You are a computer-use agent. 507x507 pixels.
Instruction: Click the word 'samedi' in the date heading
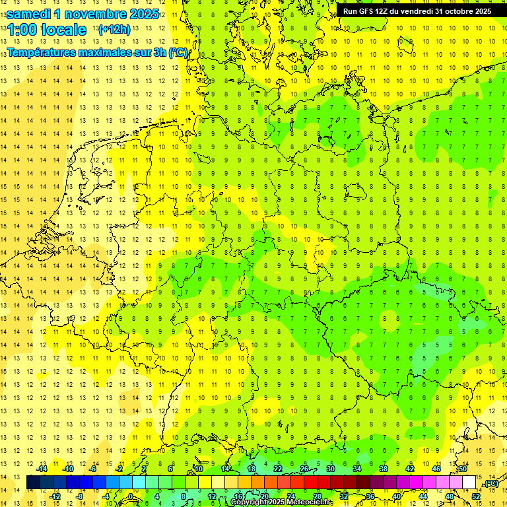(30, 14)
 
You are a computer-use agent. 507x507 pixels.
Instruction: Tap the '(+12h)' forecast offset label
(114, 30)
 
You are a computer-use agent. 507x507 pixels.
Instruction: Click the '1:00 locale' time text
(47, 30)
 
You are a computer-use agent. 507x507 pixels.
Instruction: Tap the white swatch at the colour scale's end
(469, 483)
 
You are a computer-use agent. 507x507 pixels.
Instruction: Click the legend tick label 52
(475, 496)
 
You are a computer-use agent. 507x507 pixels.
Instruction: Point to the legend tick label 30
(330, 469)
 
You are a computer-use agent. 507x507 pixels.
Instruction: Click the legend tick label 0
(131, 496)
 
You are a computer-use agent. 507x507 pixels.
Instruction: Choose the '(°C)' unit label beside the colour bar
(490, 483)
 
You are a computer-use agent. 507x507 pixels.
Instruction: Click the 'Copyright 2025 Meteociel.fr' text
(282, 502)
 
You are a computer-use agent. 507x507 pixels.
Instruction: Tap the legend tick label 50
(462, 469)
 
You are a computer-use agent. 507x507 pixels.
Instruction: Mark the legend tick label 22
(277, 469)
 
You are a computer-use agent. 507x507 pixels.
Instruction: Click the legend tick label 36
(370, 496)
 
